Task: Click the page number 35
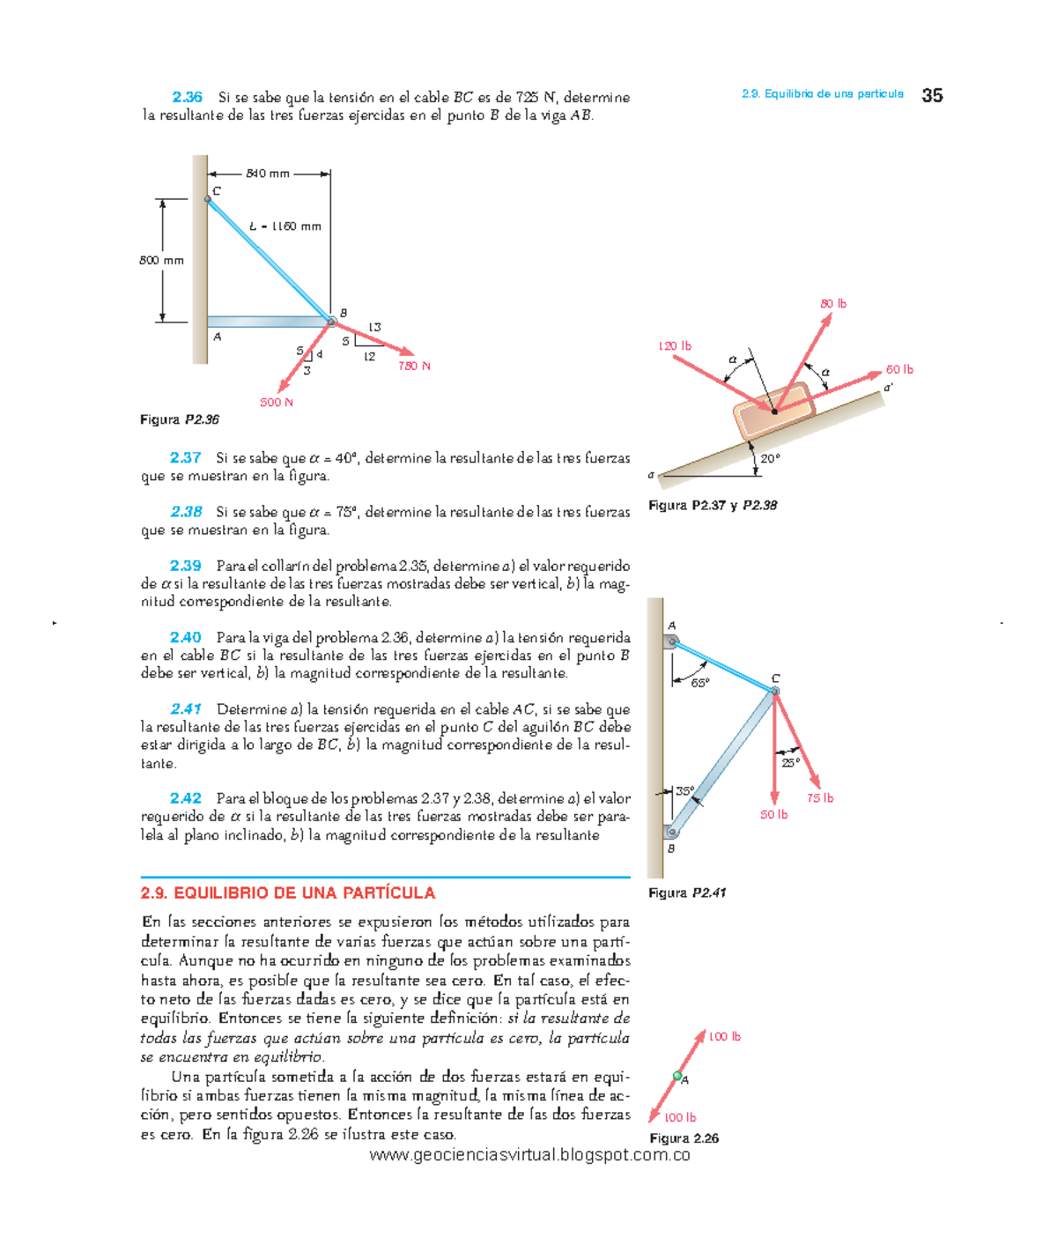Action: tap(932, 95)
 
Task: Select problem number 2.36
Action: tap(187, 97)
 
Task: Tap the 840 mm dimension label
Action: tap(268, 174)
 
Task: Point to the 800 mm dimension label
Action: tap(162, 260)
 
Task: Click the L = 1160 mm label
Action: tap(285, 226)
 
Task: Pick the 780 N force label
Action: tap(413, 366)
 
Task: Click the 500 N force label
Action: tap(276, 403)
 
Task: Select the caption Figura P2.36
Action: tap(180, 419)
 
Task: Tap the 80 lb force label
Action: tap(832, 304)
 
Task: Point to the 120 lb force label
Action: tap(675, 346)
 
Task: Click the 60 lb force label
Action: tap(899, 369)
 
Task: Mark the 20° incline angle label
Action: tap(770, 458)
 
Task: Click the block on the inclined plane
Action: tap(773, 411)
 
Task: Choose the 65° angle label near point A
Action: tap(699, 683)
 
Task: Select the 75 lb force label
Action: tap(819, 798)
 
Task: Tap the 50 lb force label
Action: tap(773, 815)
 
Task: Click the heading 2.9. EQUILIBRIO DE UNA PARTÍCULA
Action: tap(288, 893)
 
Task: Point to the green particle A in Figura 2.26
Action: tap(677, 1076)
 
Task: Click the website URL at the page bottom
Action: tap(529, 1155)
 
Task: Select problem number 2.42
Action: tap(185, 798)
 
